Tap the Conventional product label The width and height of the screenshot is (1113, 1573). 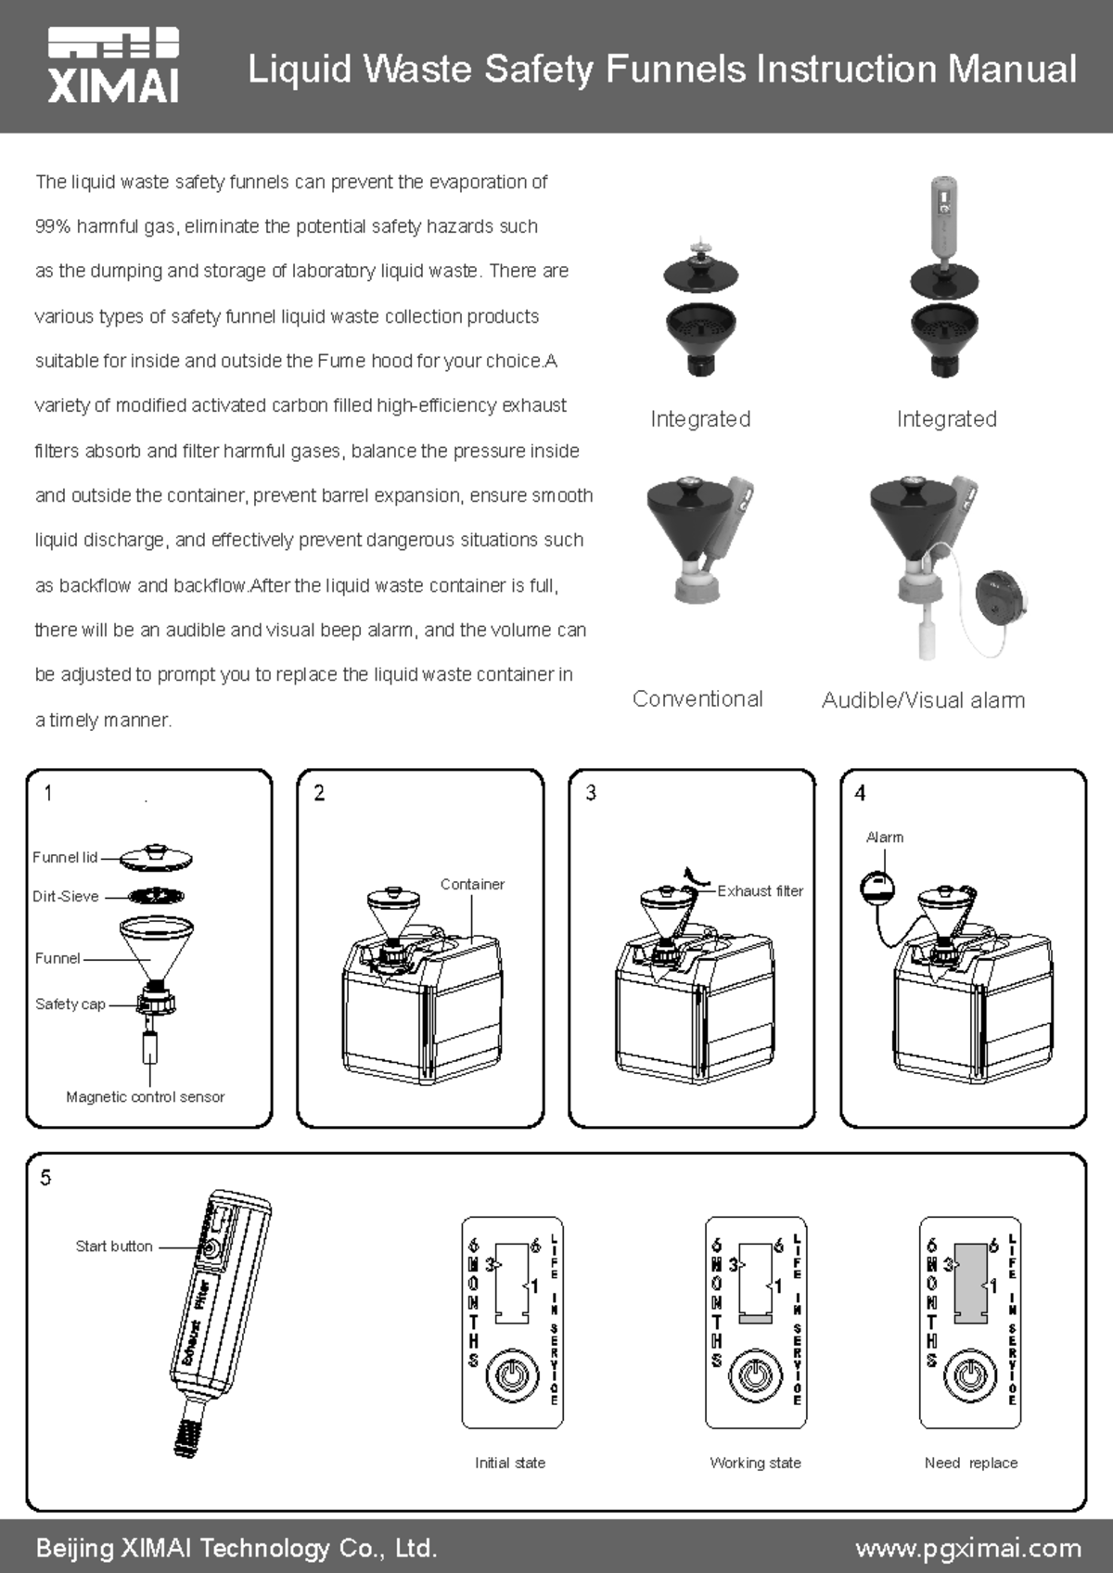(x=697, y=698)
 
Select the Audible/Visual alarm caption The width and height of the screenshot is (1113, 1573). (x=923, y=700)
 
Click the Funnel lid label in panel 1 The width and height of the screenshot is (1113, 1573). (x=65, y=857)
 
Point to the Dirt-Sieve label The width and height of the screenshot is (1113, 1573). (x=65, y=896)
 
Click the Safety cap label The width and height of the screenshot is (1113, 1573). (x=70, y=1004)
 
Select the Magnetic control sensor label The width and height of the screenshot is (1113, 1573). (x=145, y=1096)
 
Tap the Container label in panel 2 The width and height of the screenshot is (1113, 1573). (x=472, y=884)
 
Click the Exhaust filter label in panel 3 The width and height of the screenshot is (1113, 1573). (x=760, y=890)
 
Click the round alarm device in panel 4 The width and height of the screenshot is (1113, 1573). (x=877, y=886)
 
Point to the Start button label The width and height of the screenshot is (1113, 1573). (x=114, y=1246)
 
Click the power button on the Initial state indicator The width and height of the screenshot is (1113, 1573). (x=511, y=1374)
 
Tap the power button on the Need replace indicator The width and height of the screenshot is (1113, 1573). (x=969, y=1374)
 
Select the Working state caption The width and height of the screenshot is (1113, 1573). (x=755, y=1463)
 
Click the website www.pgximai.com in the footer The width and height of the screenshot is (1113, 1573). (x=967, y=1548)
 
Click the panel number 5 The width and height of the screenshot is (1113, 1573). (x=45, y=1178)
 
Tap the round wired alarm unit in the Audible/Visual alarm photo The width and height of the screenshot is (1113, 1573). (x=1001, y=598)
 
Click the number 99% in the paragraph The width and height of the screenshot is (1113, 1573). (x=52, y=226)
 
